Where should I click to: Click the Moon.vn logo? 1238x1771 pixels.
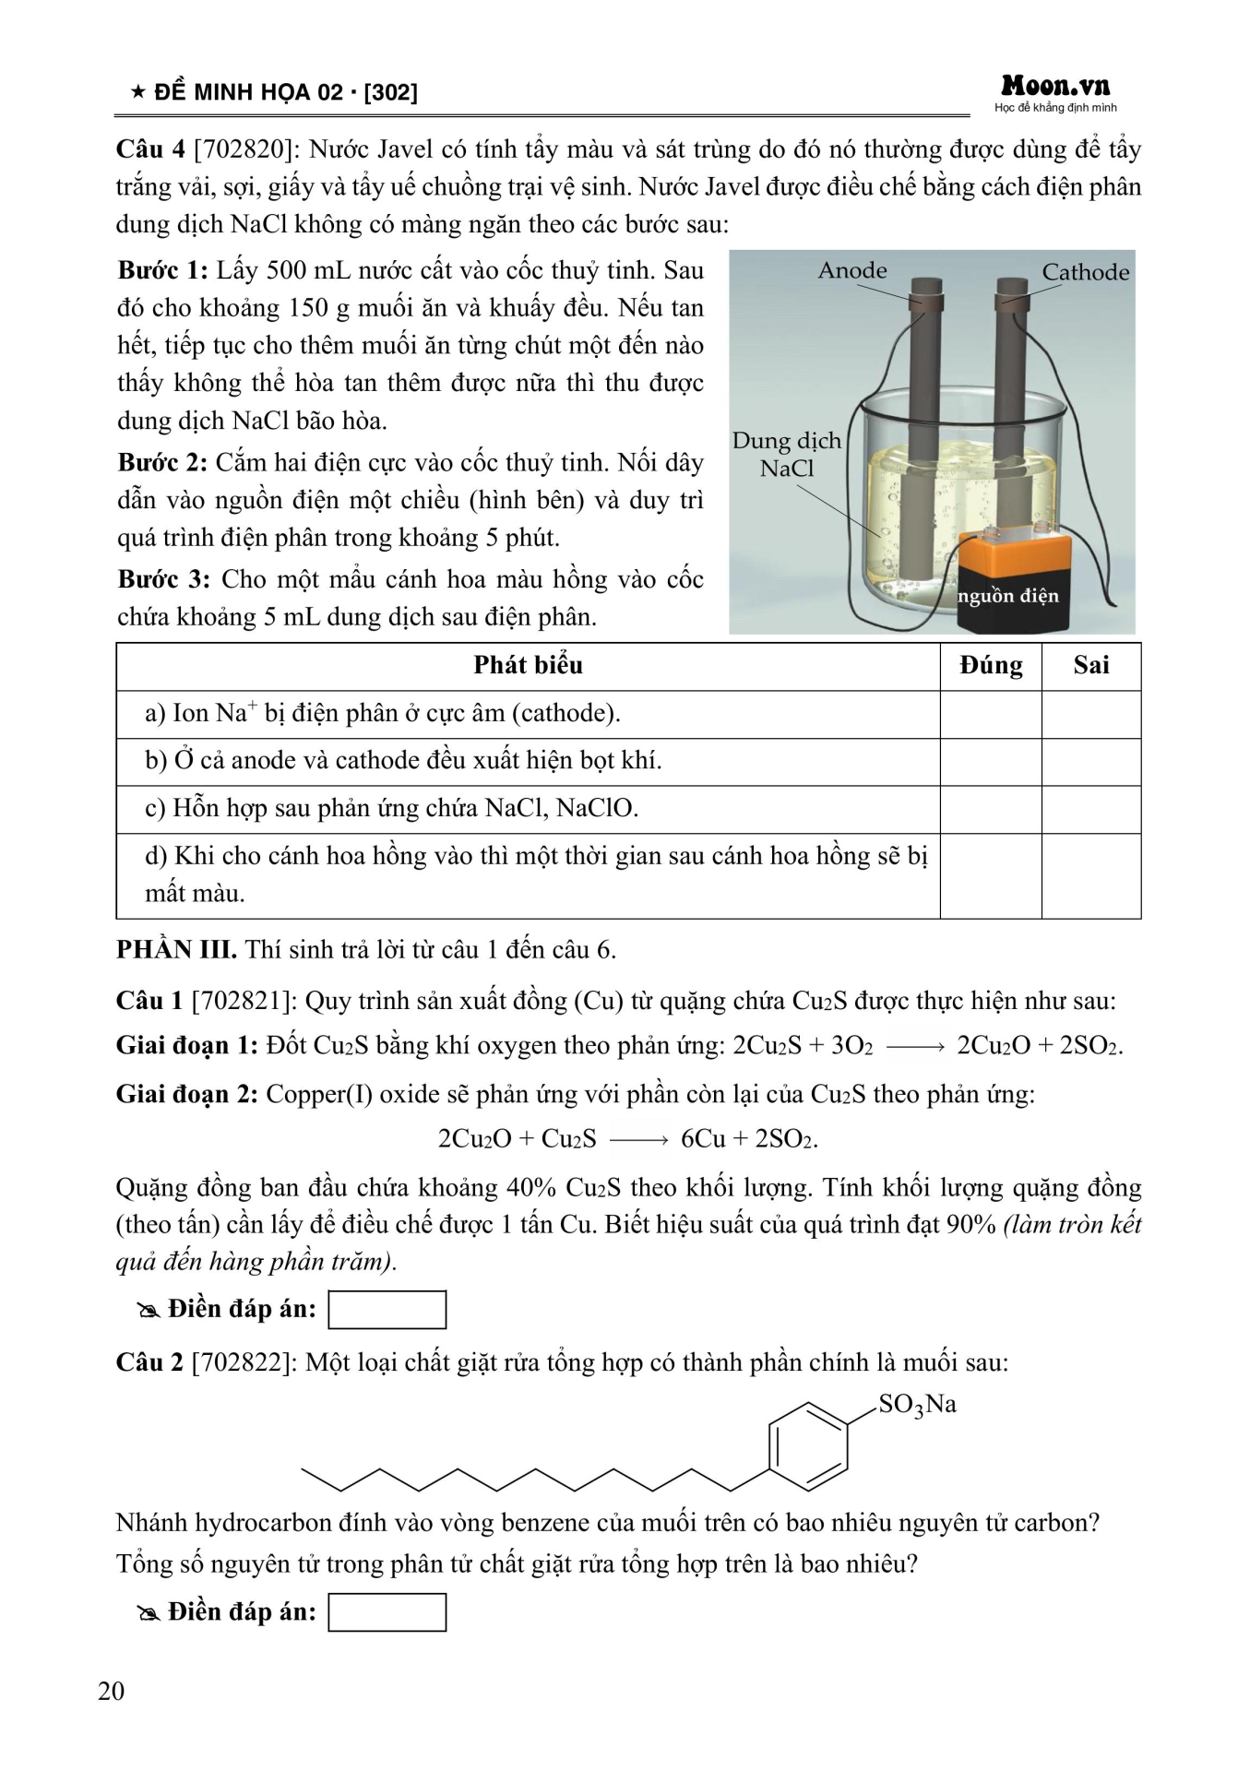click(1055, 89)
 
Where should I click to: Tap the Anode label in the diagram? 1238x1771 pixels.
click(851, 270)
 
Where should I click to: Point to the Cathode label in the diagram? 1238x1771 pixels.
click(1085, 272)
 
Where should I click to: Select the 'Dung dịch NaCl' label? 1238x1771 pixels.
click(786, 454)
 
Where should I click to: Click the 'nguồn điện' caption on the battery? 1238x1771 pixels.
click(1007, 596)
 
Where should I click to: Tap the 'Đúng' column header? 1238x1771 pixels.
click(991, 666)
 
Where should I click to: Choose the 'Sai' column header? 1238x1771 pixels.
click(1090, 666)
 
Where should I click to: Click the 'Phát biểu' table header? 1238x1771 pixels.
click(528, 666)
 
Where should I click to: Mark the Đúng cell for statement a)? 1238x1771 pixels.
click(991, 714)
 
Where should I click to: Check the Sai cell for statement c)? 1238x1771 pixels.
click(1090, 809)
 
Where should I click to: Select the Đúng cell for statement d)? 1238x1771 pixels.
click(991, 875)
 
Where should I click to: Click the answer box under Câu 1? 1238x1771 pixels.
click(387, 1310)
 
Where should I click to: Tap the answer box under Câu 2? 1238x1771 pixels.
click(387, 1612)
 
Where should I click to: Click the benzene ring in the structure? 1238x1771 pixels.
click(808, 1446)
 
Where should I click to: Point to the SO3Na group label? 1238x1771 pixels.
click(917, 1405)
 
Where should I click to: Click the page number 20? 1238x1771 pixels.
click(111, 1691)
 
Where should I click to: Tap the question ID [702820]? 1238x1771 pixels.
click(245, 149)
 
